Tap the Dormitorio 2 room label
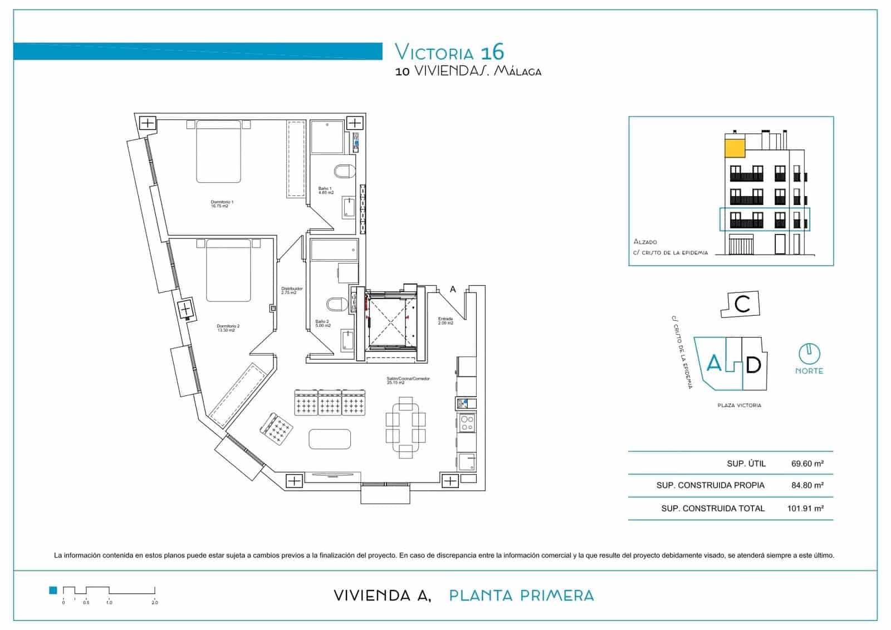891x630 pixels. (x=228, y=328)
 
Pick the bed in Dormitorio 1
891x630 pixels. (x=218, y=152)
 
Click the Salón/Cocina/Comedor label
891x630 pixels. (x=408, y=380)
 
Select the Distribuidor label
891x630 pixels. (x=292, y=290)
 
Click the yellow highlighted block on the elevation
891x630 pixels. (x=735, y=148)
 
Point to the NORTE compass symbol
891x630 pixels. (x=809, y=353)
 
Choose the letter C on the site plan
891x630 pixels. (x=742, y=304)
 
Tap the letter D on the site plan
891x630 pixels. (x=753, y=365)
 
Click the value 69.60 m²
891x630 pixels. (x=807, y=463)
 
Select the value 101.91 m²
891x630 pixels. (x=805, y=508)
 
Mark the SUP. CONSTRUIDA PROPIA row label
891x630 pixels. (x=710, y=485)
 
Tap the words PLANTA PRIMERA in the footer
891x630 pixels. (x=521, y=595)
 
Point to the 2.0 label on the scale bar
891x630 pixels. (x=155, y=602)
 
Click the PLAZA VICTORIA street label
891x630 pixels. (x=739, y=406)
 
